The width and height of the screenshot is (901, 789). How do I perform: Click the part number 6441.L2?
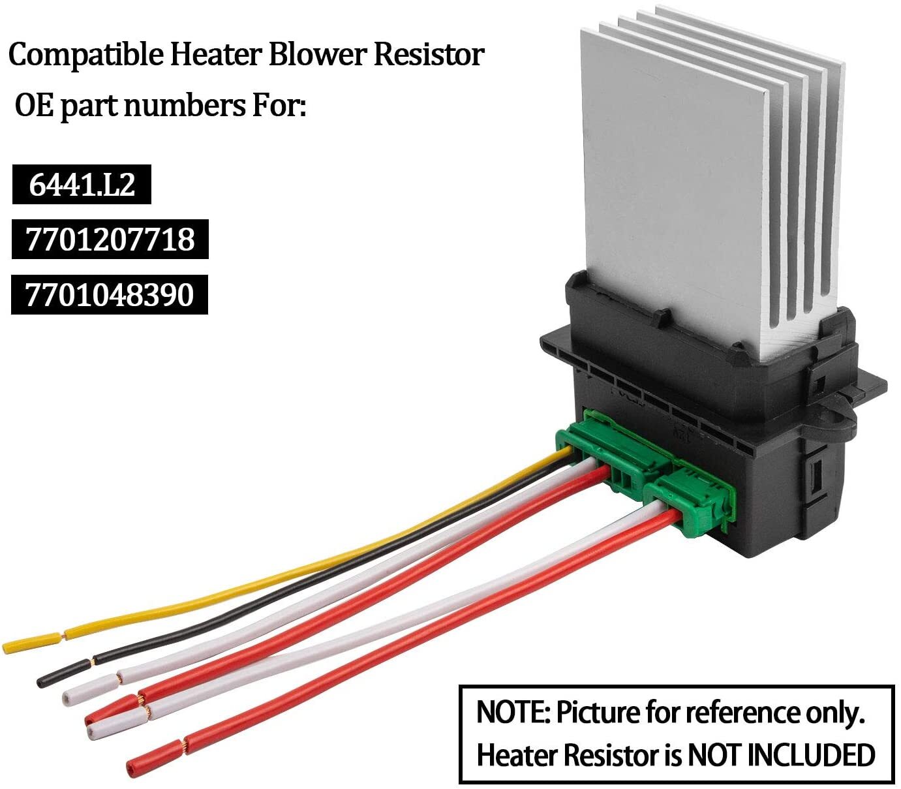pos(82,185)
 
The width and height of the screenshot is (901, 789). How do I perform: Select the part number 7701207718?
pos(110,240)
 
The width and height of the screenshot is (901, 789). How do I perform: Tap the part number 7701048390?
pos(110,295)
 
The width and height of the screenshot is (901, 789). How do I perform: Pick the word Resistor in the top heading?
pos(429,54)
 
